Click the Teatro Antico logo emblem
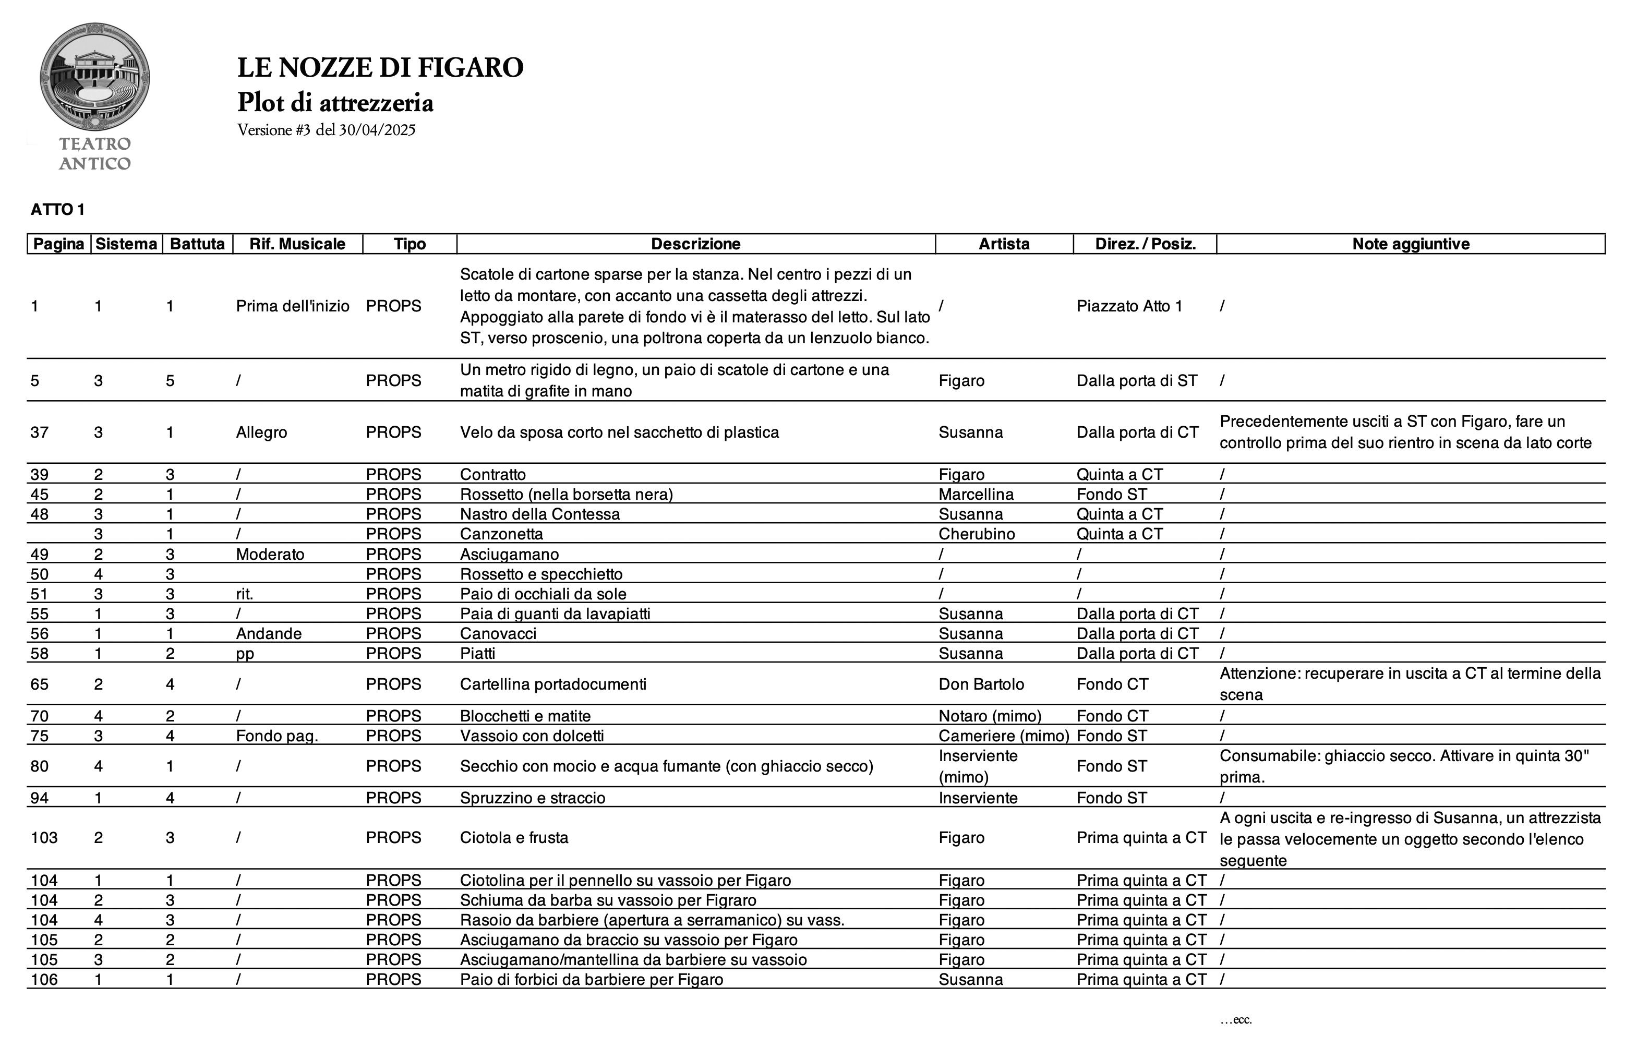(x=95, y=77)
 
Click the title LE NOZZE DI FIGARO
(x=380, y=67)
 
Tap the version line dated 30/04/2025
(x=326, y=130)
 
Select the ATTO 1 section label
(x=58, y=210)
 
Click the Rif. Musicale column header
(x=297, y=244)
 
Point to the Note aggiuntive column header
(x=1411, y=244)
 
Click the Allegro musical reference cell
(x=261, y=432)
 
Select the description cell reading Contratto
(x=492, y=475)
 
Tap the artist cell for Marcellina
(x=976, y=495)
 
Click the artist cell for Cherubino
(x=977, y=534)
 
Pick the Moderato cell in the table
(x=270, y=554)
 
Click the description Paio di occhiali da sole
(x=543, y=594)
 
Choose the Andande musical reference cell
(x=268, y=634)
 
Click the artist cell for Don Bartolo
(x=981, y=684)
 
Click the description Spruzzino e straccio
(x=532, y=798)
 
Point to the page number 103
(x=44, y=838)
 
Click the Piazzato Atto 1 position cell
(x=1129, y=307)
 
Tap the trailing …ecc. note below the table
(x=1236, y=1020)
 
